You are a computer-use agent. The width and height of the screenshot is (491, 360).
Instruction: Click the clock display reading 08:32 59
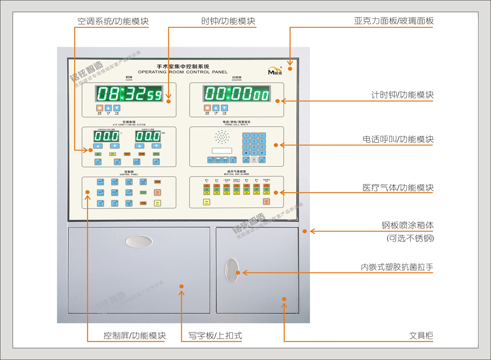(129, 94)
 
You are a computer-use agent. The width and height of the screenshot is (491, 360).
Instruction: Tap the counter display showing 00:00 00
(236, 94)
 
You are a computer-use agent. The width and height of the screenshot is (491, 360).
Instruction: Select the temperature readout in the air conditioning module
(106, 136)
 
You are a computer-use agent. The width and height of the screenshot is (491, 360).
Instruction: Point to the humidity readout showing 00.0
(148, 136)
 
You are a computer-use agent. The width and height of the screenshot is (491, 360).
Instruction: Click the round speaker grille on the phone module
(222, 137)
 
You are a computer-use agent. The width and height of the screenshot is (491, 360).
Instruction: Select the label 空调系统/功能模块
(113, 21)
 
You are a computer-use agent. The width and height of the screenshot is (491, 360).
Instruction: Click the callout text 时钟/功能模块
(228, 21)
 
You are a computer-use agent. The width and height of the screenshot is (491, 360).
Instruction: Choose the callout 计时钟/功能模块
(402, 95)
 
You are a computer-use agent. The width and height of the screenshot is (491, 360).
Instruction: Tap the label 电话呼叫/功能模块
(398, 139)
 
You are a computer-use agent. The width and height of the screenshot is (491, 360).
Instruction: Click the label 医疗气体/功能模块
(398, 188)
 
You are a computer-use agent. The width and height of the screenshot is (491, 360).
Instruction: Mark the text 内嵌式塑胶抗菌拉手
(397, 267)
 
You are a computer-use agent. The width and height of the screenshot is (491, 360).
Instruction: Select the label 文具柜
(421, 335)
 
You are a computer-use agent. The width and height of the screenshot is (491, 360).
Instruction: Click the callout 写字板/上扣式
(215, 335)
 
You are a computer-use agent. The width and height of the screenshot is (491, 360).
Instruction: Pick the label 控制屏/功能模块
(135, 335)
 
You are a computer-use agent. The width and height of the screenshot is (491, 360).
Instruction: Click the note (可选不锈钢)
(410, 239)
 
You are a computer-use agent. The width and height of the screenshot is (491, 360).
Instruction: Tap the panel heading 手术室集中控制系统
(183, 67)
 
